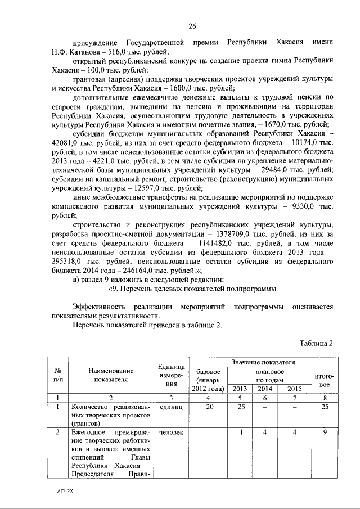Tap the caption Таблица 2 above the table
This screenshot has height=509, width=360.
tap(317, 344)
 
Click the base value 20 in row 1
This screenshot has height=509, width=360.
tap(209, 407)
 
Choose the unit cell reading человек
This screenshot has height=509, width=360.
tap(171, 433)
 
